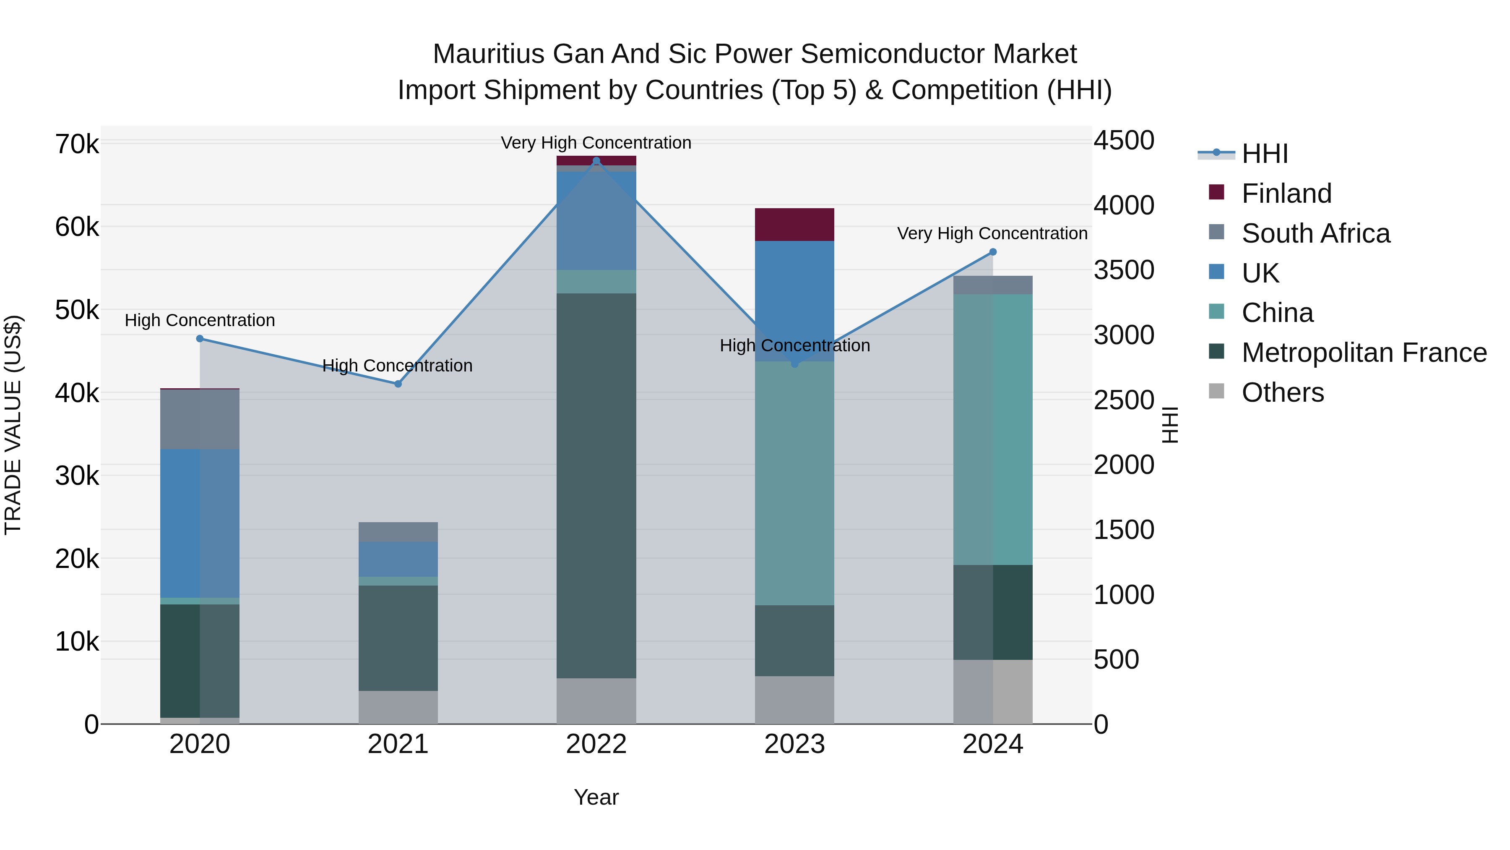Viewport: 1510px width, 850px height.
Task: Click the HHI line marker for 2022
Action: (596, 161)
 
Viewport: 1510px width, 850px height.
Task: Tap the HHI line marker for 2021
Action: (398, 384)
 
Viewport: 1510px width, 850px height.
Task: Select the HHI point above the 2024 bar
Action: (993, 252)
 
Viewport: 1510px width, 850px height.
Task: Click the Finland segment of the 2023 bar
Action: (794, 225)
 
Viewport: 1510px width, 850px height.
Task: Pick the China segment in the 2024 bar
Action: (993, 429)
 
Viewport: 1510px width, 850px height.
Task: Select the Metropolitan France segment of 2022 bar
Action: (596, 486)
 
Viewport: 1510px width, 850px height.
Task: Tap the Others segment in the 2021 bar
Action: (398, 707)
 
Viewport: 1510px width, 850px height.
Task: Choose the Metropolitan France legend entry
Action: (1364, 353)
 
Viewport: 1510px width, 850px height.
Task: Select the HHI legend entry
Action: (1264, 154)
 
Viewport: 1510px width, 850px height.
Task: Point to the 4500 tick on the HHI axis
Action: (1124, 141)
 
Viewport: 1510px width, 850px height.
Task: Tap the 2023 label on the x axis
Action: (794, 744)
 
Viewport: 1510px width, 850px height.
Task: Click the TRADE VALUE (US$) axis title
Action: (13, 425)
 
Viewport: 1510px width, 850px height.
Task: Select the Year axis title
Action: (596, 797)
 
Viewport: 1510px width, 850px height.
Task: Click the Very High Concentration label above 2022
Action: (596, 143)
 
